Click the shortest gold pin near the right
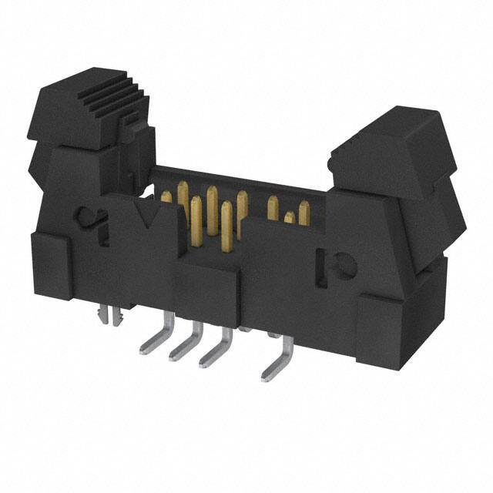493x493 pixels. pyautogui.click(x=289, y=220)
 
